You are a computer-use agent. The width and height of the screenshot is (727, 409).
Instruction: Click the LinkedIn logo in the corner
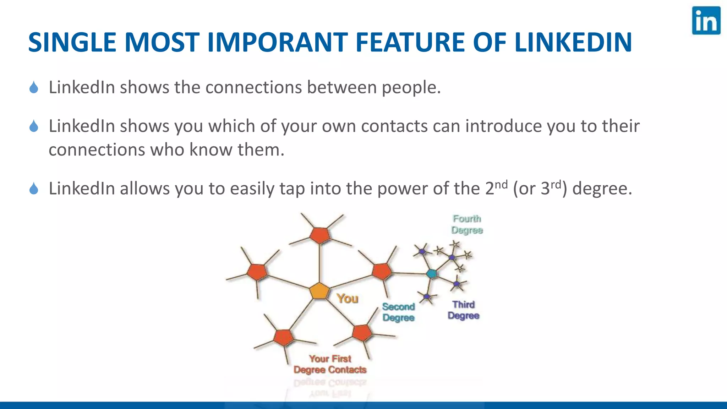click(x=706, y=21)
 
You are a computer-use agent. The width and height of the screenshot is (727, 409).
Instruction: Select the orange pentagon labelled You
click(x=319, y=291)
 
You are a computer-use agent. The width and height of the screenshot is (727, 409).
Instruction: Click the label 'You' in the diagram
click(x=348, y=299)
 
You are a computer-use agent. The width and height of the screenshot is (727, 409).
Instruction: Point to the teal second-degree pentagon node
click(x=432, y=273)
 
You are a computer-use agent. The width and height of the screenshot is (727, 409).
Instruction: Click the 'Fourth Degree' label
click(x=467, y=224)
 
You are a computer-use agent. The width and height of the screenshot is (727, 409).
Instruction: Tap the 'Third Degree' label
click(x=463, y=310)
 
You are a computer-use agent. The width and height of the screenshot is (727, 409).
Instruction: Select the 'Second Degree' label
click(x=398, y=312)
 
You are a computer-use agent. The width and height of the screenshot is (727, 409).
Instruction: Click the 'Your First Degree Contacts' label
click(x=330, y=364)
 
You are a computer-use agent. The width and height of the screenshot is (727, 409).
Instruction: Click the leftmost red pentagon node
click(x=257, y=272)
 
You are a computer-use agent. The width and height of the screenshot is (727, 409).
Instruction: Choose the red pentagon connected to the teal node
click(x=382, y=272)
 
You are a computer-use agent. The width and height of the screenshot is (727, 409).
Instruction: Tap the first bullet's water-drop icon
click(x=34, y=87)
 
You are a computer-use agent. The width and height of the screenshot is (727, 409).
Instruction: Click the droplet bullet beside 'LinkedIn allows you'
click(x=34, y=189)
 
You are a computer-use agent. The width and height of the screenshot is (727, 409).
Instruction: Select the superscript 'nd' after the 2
click(x=501, y=185)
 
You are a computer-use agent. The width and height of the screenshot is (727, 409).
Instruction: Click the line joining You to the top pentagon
click(x=319, y=263)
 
